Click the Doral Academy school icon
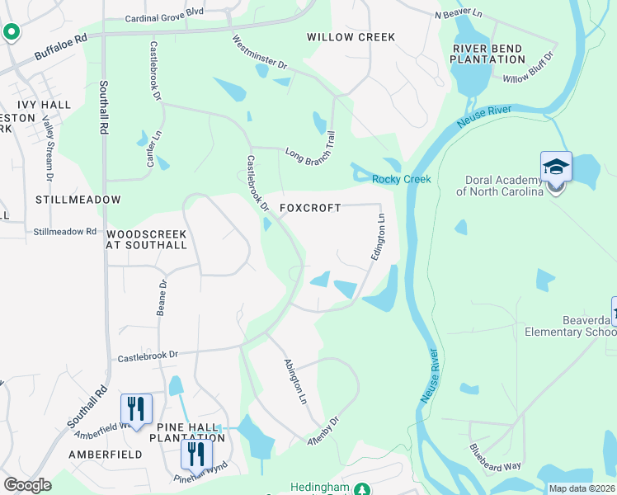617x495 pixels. pyautogui.click(x=556, y=167)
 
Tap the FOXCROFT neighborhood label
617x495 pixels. pyautogui.click(x=310, y=209)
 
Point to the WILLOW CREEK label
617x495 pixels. pyautogui.click(x=351, y=37)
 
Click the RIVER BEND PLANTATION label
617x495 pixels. pyautogui.click(x=487, y=54)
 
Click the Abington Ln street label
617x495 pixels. pyautogui.click(x=295, y=380)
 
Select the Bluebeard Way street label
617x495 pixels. pyautogui.click(x=495, y=459)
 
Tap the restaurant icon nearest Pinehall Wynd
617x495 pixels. pyautogui.click(x=196, y=454)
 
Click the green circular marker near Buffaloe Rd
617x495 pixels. pyautogui.click(x=12, y=33)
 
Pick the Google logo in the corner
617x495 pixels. pyautogui.click(x=27, y=485)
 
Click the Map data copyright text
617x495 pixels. pyautogui.click(x=582, y=488)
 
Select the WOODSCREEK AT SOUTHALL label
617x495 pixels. pyautogui.click(x=146, y=239)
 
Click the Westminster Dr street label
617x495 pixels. pyautogui.click(x=259, y=53)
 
